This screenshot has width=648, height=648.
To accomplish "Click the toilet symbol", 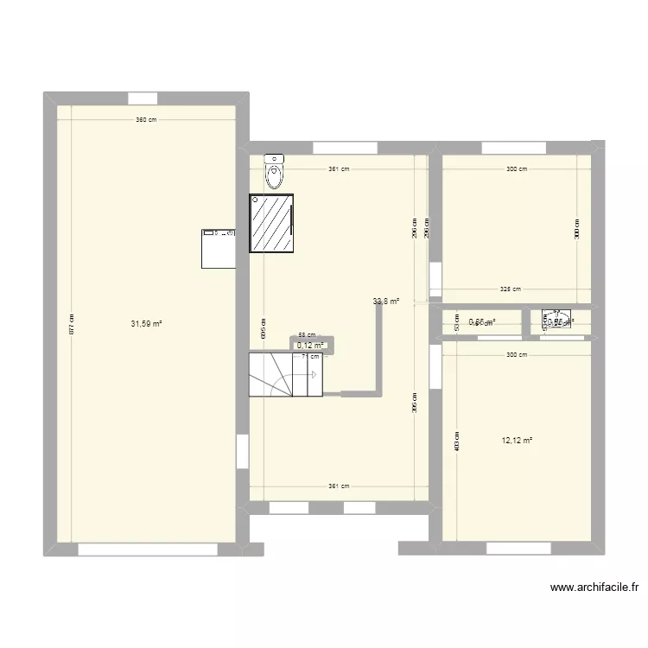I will click(x=274, y=171).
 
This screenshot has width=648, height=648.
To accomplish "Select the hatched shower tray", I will click(x=272, y=224).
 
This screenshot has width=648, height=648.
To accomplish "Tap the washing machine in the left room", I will click(x=219, y=248).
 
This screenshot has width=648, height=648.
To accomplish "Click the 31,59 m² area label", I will click(x=146, y=324).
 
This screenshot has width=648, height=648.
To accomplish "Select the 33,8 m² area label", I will click(x=386, y=302).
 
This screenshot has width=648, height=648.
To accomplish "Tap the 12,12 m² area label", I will click(x=517, y=441).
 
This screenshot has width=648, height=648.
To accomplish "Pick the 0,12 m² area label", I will click(x=310, y=346).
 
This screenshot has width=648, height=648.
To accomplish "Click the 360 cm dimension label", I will click(x=146, y=120).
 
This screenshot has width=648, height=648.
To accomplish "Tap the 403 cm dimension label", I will click(x=457, y=441).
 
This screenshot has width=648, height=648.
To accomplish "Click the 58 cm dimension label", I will click(x=308, y=336).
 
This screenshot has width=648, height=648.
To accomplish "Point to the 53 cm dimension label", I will click(x=457, y=321).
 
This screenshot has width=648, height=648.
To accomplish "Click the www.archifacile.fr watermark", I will click(x=594, y=588).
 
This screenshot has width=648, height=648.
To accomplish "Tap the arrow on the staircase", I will click(x=313, y=374).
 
